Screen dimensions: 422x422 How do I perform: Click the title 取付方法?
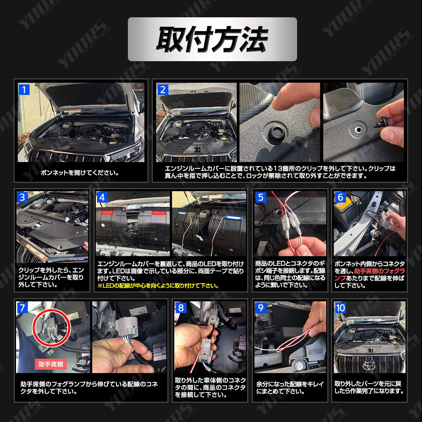(x=212, y=39)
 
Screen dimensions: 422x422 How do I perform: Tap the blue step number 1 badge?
(x=24, y=89)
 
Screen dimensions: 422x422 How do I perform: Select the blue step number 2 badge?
(x=162, y=89)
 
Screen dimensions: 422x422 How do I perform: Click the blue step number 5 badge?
(x=260, y=197)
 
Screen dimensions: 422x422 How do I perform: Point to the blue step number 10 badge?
(x=340, y=308)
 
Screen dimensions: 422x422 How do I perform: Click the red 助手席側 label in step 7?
(x=51, y=364)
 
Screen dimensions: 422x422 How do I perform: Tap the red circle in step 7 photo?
(x=51, y=328)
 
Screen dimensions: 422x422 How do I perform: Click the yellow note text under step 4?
(x=158, y=286)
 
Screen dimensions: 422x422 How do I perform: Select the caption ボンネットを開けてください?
(x=80, y=173)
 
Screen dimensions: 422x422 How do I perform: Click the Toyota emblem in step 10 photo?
(x=369, y=365)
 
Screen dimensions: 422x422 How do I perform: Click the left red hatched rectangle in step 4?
(x=107, y=212)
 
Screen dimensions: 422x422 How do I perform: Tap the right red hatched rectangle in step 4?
(x=159, y=213)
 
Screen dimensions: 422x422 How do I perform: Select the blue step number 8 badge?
(x=181, y=308)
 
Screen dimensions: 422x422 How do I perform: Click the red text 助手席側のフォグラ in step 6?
(x=379, y=271)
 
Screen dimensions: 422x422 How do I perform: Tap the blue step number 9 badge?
(x=260, y=308)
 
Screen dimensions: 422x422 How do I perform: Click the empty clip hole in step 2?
(x=358, y=130)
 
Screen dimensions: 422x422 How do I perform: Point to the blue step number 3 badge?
(x=22, y=197)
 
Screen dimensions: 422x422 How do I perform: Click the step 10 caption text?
(x=369, y=387)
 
